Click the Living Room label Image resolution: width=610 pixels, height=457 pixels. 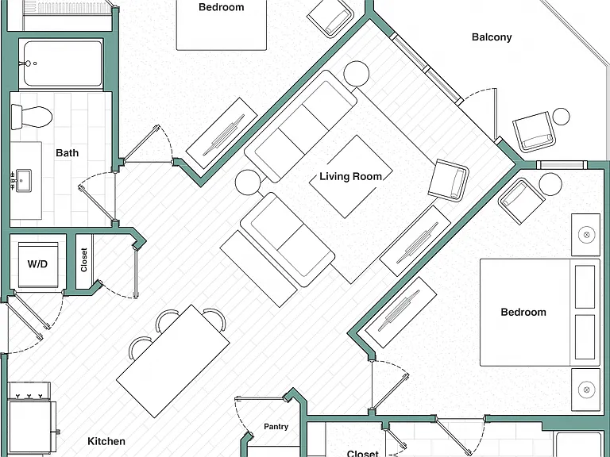pyautogui.click(x=350, y=177)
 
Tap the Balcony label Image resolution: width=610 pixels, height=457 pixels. pyautogui.click(x=492, y=37)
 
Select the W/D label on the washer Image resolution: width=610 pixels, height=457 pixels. pyautogui.click(x=37, y=264)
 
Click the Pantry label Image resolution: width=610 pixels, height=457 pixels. pyautogui.click(x=276, y=426)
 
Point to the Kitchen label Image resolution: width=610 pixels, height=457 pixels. pyautogui.click(x=106, y=441)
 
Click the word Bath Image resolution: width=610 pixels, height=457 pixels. pyautogui.click(x=67, y=152)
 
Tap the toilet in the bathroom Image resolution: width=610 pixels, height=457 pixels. pyautogui.click(x=31, y=117)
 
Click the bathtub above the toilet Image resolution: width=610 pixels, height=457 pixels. pyautogui.click(x=60, y=64)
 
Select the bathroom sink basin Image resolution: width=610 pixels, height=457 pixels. pyautogui.click(x=23, y=181)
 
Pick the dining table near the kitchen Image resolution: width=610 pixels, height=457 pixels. pyautogui.click(x=173, y=362)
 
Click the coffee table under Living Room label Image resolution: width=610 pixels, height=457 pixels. pyautogui.click(x=350, y=177)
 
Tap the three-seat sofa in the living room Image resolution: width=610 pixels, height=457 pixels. pyautogui.click(x=300, y=126)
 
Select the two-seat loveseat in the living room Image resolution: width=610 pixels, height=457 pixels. pyautogui.click(x=288, y=240)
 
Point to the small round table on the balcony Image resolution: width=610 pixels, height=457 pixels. pyautogui.click(x=561, y=117)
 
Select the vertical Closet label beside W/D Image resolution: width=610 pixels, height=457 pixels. pyautogui.click(x=84, y=260)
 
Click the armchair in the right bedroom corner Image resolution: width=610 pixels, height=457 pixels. pyautogui.click(x=521, y=202)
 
